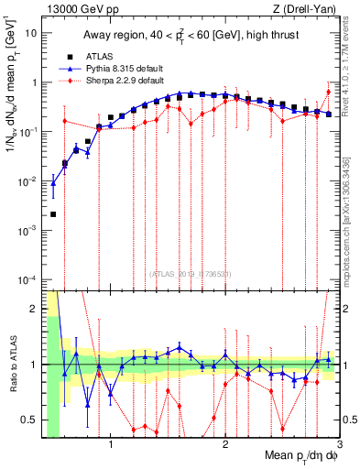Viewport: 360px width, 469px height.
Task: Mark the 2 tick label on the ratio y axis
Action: tap(36, 309)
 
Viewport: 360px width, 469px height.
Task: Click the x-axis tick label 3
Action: tap(339, 442)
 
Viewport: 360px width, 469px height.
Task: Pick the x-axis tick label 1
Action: tap(111, 442)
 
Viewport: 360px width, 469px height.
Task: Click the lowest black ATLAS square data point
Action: tap(53, 214)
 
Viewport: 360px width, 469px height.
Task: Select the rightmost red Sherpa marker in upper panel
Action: tap(328, 92)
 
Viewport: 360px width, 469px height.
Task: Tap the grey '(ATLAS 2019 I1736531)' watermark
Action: tap(190, 274)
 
